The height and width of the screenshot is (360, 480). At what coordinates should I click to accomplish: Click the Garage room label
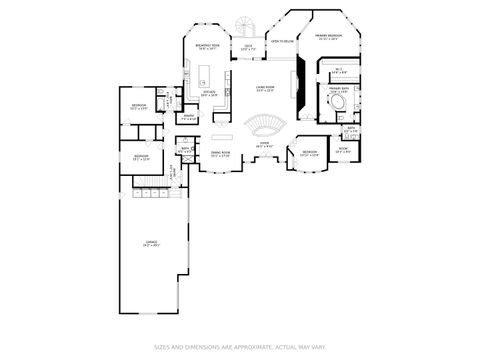(x=152, y=243)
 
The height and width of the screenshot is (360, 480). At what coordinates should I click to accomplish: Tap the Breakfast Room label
(x=209, y=46)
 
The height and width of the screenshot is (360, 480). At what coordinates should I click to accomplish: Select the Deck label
(x=247, y=47)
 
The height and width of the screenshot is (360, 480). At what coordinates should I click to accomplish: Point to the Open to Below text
(x=282, y=42)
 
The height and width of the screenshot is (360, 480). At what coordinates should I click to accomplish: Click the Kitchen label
(x=210, y=93)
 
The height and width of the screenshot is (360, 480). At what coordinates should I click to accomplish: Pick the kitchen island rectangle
(x=203, y=74)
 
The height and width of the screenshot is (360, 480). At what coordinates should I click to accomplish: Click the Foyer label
(x=265, y=144)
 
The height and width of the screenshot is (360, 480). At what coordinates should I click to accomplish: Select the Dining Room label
(x=220, y=154)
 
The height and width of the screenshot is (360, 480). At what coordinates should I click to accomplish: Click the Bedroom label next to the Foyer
(x=310, y=153)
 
